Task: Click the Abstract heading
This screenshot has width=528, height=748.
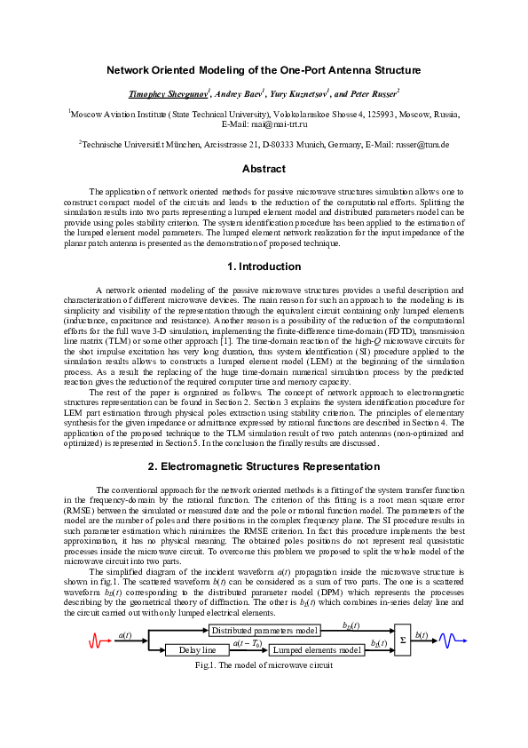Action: [264, 169]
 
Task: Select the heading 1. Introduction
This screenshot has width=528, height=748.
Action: [264, 267]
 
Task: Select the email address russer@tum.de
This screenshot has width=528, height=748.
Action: [418, 144]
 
